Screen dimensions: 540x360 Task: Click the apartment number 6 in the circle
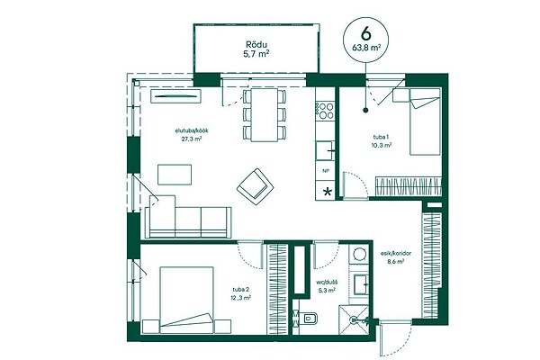(x=365, y=33)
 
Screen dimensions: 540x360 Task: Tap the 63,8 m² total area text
(x=366, y=48)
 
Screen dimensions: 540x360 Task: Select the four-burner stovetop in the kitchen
(x=326, y=110)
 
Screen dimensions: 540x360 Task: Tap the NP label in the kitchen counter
(x=326, y=170)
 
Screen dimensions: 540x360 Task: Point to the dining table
(x=265, y=114)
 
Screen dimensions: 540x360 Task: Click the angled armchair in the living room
(x=256, y=186)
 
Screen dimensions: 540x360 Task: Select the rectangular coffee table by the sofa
(x=175, y=175)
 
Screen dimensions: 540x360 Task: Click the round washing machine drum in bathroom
(x=359, y=254)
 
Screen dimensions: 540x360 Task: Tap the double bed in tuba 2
(x=186, y=300)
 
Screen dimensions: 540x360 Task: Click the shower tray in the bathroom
(x=354, y=319)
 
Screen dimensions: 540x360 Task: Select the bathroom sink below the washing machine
(x=361, y=284)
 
